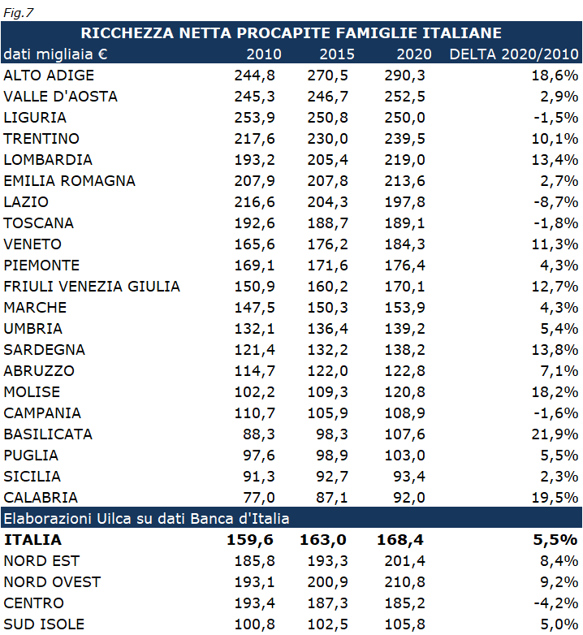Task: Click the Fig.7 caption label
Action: tap(19, 12)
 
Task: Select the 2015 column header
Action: tap(337, 54)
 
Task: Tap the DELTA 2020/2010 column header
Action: tap(514, 54)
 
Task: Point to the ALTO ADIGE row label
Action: tap(49, 76)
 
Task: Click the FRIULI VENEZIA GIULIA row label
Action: tap(92, 287)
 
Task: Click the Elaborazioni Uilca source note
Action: tap(147, 518)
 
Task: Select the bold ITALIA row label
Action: tap(32, 539)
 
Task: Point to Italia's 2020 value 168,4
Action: tap(400, 539)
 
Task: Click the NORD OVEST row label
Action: tap(52, 582)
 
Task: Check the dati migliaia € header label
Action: tap(56, 54)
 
